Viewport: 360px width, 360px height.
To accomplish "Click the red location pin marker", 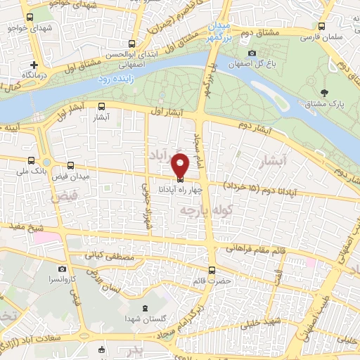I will pyautogui.click(x=181, y=164).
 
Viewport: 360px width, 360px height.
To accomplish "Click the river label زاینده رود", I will pyautogui.click(x=114, y=80).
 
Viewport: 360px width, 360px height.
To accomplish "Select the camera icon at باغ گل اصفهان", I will pyautogui.click(x=252, y=53).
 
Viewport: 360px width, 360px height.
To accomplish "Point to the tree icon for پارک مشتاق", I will pyautogui.click(x=324, y=93).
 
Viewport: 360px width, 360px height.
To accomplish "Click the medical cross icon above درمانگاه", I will pyautogui.click(x=33, y=64).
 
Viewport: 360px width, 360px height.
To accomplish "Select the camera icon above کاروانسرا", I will pyautogui.click(x=63, y=269).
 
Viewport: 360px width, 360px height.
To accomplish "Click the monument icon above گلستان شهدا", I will pyautogui.click(x=145, y=309).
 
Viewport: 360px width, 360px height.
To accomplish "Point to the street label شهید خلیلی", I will pyautogui.click(x=261, y=325).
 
